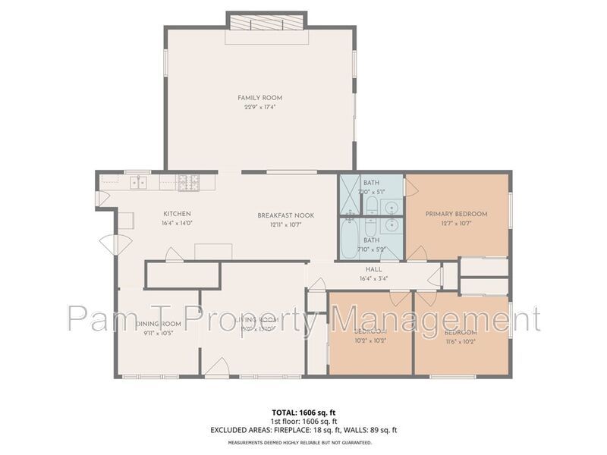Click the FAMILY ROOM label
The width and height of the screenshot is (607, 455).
260,98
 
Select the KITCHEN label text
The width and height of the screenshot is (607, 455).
177,214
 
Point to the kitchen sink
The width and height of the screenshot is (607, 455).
139,182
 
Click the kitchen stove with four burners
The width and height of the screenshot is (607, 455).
188,182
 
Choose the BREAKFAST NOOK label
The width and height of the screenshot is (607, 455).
285,215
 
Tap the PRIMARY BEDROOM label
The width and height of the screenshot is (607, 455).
456,214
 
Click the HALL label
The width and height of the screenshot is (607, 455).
373,269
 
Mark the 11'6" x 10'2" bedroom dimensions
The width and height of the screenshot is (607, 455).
461,342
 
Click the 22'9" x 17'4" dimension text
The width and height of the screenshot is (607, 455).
260,108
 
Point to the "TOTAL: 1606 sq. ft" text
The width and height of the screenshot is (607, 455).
303,412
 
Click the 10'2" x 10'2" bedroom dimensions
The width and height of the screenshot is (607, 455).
370,342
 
